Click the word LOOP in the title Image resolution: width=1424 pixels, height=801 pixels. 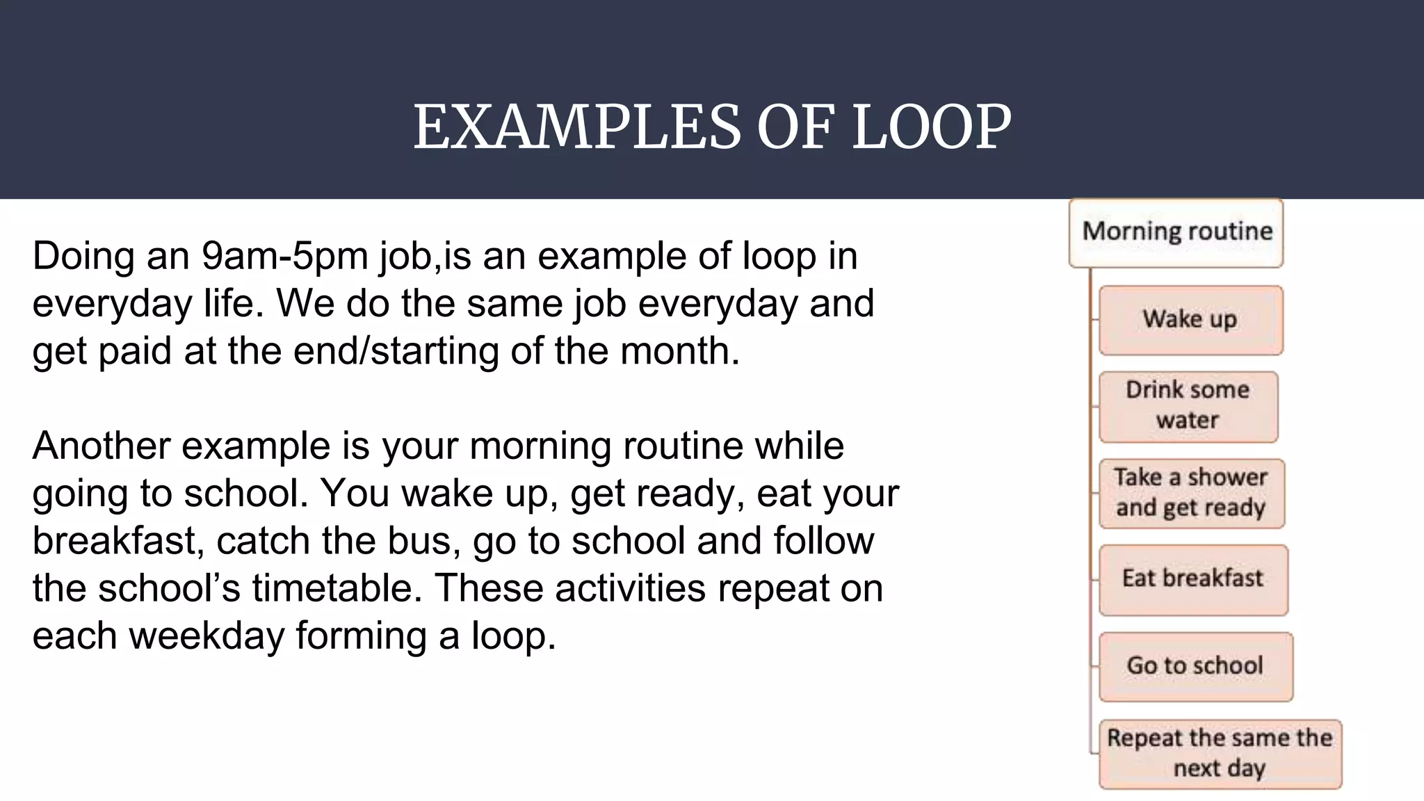coord(931,127)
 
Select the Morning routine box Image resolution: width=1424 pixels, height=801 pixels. coord(1176,233)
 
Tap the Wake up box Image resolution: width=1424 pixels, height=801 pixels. coord(1190,320)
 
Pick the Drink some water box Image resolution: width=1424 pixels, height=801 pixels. coord(1188,406)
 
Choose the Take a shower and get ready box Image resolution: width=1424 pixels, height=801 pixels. coord(1191,493)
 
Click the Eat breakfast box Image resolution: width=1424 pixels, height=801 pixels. coord(1192,579)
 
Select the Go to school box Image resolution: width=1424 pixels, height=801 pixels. coord(1195,666)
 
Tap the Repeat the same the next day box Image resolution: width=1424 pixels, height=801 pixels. coord(1220,754)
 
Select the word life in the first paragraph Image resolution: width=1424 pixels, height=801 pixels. coord(231,303)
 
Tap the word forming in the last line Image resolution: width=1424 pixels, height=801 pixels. coord(361,636)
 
